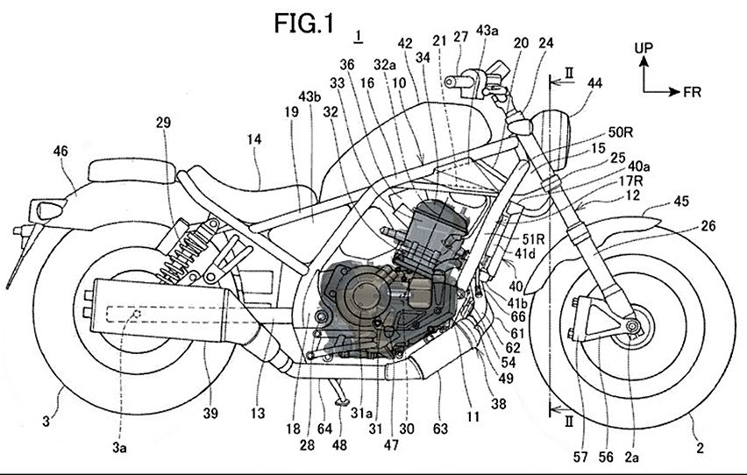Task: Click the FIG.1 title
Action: click(x=304, y=23)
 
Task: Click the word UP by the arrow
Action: click(x=644, y=48)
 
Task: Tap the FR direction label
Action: click(x=693, y=92)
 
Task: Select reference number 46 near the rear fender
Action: click(x=60, y=152)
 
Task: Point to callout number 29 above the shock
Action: click(x=163, y=124)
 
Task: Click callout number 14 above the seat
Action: click(x=254, y=139)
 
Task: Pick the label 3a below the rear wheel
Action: click(x=119, y=447)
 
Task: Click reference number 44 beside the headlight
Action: click(x=595, y=83)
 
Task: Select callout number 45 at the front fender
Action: click(x=681, y=202)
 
